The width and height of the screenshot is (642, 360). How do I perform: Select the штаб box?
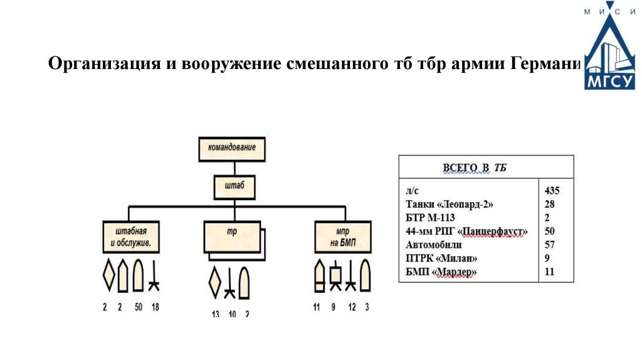(x=233, y=186)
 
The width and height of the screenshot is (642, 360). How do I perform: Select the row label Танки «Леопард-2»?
(x=445, y=204)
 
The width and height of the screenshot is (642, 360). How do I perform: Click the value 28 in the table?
(x=549, y=204)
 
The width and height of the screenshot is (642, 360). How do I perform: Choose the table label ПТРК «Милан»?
(x=445, y=258)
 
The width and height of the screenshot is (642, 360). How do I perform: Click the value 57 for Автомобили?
(x=549, y=245)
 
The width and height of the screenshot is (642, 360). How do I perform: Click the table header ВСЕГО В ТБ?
(x=475, y=167)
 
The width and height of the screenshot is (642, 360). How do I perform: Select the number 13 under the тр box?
(x=215, y=314)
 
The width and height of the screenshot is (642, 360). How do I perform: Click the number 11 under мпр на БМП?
(x=316, y=307)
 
